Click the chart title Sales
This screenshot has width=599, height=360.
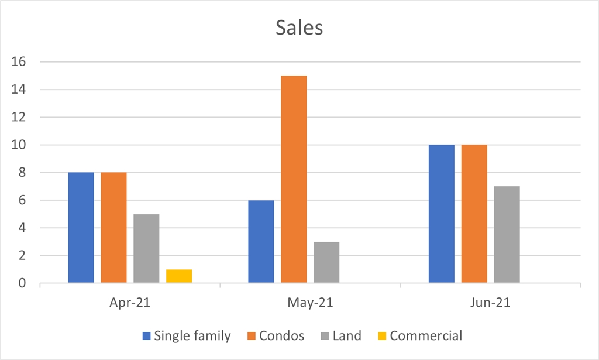(299, 28)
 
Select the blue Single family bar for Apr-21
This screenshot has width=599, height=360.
(81, 228)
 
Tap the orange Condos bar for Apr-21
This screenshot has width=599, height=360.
(113, 228)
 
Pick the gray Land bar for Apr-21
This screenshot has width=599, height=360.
(146, 249)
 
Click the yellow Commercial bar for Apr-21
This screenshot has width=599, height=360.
(179, 276)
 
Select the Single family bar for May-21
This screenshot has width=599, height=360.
(261, 242)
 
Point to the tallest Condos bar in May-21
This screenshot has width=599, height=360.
(294, 179)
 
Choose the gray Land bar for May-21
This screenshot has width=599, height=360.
(326, 262)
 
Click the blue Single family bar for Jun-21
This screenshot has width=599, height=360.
(441, 214)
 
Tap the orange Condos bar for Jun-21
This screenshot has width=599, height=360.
(474, 214)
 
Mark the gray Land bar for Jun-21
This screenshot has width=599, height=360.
(507, 235)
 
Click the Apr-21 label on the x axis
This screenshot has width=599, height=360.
(130, 303)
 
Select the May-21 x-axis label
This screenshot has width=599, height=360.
(310, 303)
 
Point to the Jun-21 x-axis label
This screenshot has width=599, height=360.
(490, 303)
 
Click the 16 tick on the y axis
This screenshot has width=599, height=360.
(22, 62)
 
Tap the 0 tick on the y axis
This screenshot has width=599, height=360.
(22, 283)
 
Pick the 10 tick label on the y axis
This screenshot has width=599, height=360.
(22, 145)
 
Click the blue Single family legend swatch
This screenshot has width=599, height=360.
(146, 336)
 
